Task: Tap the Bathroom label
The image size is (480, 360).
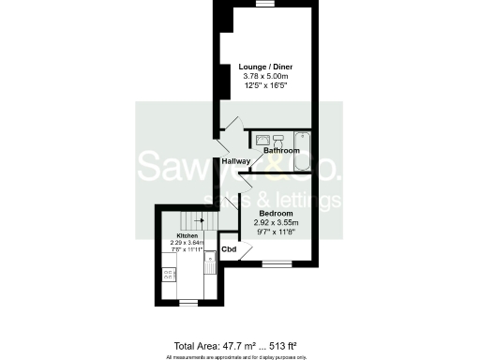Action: click(x=281, y=150)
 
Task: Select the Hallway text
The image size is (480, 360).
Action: click(x=236, y=162)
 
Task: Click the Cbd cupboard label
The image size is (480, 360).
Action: click(x=228, y=249)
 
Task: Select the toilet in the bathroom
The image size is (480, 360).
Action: click(x=278, y=139)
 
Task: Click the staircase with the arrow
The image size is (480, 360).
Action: click(x=195, y=221)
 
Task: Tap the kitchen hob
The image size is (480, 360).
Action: click(x=170, y=275)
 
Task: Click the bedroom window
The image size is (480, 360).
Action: click(x=275, y=265)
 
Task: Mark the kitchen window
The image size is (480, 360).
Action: click(x=187, y=302)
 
